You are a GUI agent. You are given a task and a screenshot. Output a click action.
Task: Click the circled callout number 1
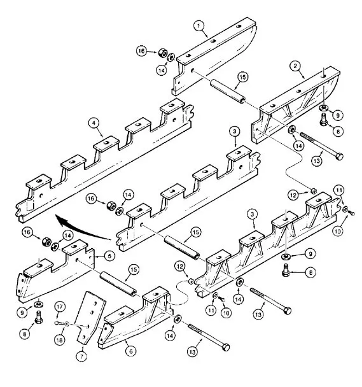point(199,26)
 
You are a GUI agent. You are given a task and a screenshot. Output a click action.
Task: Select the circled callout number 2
point(295,66)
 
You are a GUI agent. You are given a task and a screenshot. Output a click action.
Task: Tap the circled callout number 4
point(94,123)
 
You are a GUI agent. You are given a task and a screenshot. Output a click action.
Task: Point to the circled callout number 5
point(109,256)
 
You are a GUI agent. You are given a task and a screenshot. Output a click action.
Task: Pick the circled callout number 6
point(131,351)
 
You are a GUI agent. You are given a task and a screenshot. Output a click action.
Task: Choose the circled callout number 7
point(82,356)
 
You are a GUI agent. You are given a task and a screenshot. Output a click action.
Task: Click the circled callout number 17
point(59,307)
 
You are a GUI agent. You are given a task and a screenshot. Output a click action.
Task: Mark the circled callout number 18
point(59,340)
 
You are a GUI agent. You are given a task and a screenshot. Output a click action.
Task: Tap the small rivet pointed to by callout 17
point(58,323)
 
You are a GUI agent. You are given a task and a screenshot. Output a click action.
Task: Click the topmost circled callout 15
point(242,77)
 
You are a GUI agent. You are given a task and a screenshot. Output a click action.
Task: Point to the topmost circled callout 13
point(317,160)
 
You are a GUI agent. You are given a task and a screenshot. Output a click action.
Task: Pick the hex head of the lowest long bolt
point(226,348)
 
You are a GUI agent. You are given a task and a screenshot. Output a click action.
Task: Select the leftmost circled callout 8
point(24,334)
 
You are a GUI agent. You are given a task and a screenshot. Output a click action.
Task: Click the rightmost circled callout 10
point(338,231)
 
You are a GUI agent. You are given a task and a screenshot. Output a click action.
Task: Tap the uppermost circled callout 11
point(339,190)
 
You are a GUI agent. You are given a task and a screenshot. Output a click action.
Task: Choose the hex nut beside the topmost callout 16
point(163,53)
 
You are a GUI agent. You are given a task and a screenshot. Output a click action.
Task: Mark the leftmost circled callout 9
point(22,313)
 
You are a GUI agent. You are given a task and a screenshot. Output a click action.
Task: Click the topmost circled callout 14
point(161,71)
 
